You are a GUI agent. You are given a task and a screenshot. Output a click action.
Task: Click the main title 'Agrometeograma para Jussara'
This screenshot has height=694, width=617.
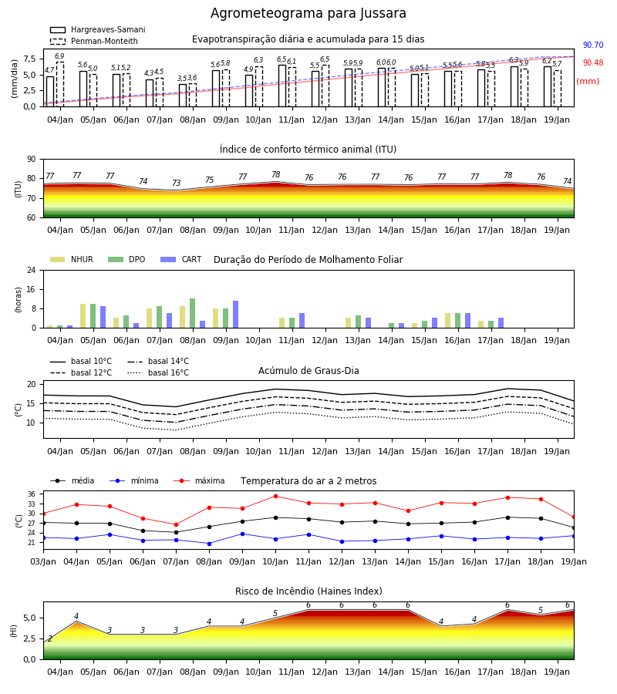pos(308,13)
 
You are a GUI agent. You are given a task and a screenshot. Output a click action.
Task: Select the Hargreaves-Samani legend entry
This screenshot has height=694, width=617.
pos(97,29)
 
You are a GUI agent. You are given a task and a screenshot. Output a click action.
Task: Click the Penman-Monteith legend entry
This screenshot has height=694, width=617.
pos(94,41)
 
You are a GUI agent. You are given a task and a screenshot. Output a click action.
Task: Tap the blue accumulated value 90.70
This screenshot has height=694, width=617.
pos(593,45)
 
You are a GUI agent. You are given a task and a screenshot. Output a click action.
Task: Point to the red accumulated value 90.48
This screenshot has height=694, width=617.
pos(593,63)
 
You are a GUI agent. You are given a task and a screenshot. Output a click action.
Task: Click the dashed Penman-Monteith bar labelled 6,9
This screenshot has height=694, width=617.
pos(59,84)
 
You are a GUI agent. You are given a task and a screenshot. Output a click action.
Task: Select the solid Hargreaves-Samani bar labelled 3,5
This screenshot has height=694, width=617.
pos(182,95)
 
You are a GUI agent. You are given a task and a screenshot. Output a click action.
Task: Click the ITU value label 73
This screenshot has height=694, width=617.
pos(176,183)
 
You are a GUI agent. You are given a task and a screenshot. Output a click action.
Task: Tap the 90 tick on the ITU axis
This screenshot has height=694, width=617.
pos(32,160)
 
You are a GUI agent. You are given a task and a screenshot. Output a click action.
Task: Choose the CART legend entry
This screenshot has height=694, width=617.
pos(181,259)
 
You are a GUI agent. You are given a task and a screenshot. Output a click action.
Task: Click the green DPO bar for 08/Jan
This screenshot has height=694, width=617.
pos(192,313)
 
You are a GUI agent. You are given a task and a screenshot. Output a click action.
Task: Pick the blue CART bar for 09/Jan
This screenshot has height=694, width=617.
pos(235,315)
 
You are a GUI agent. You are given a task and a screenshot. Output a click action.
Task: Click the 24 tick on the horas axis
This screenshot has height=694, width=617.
pos(32,270)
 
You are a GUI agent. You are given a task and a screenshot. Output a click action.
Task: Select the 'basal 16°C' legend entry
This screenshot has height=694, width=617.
pos(158,372)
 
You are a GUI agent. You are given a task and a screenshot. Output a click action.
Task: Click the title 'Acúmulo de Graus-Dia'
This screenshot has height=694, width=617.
pos(308,370)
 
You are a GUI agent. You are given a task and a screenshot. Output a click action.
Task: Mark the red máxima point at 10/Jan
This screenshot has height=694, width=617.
pos(275,496)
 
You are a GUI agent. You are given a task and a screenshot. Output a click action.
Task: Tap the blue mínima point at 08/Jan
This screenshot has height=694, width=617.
pos(209,544)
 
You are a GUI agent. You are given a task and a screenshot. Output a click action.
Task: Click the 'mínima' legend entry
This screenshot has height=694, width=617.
pos(134,480)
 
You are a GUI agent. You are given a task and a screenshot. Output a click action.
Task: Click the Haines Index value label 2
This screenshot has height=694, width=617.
pos(50,638)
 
